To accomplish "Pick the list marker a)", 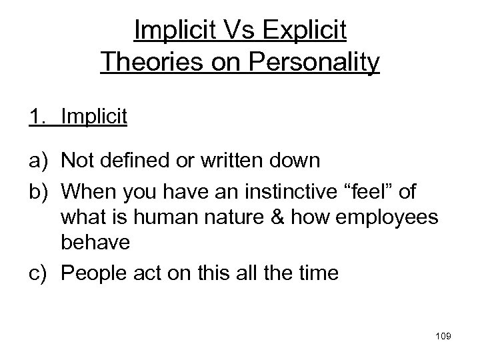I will pos(39,162).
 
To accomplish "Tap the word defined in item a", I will pos(138,162).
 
